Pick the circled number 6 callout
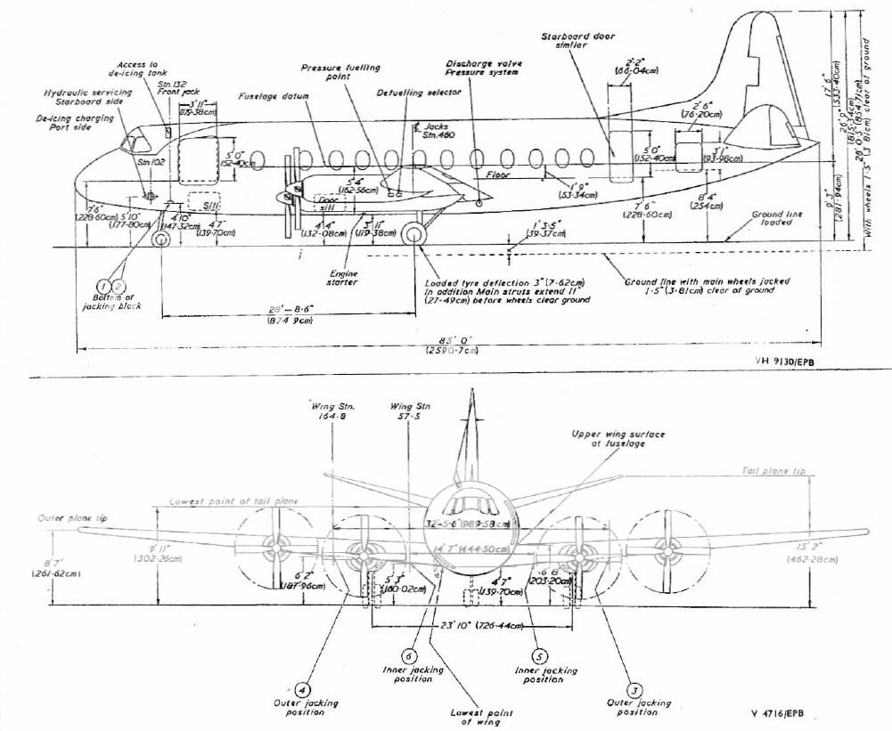click(408, 654)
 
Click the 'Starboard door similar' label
click(575, 43)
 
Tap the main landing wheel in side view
click(413, 235)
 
